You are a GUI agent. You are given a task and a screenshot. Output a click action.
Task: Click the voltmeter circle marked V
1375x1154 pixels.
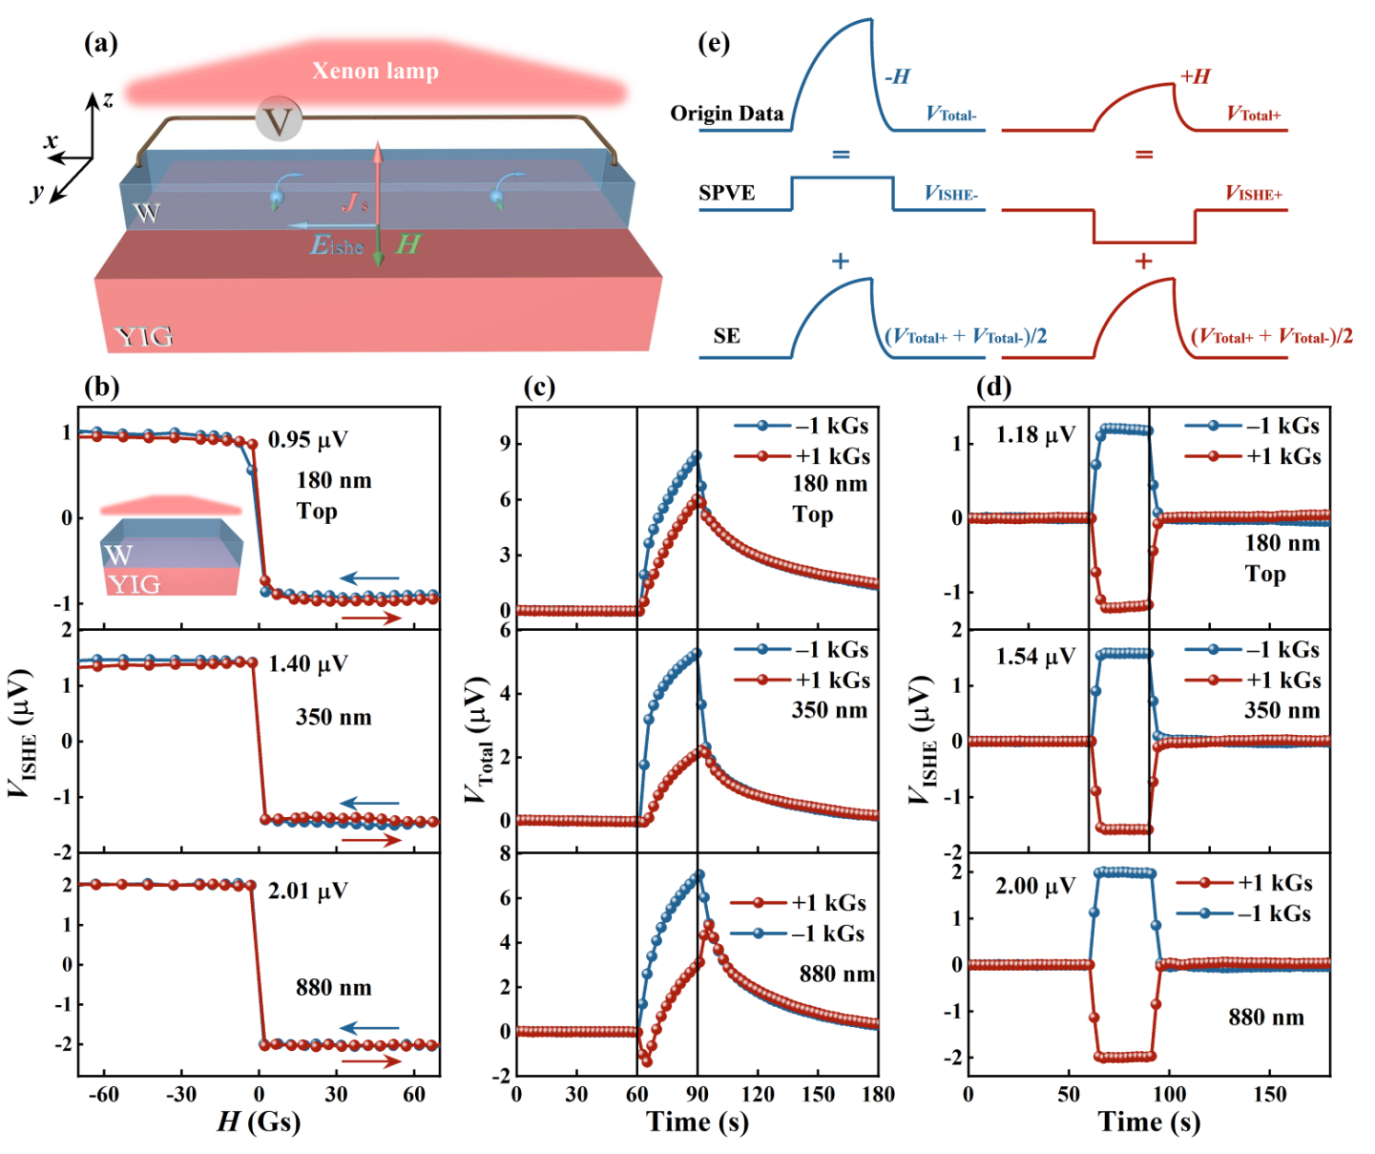pyautogui.click(x=279, y=119)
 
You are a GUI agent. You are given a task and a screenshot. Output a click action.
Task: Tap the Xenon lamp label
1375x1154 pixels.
pyautogui.click(x=375, y=71)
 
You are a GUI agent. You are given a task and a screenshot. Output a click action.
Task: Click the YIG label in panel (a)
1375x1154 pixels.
pyautogui.click(x=143, y=336)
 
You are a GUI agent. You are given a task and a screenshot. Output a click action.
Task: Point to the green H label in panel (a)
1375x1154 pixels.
pyautogui.click(x=408, y=244)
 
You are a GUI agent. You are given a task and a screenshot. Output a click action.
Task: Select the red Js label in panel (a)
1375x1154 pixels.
pyautogui.click(x=355, y=201)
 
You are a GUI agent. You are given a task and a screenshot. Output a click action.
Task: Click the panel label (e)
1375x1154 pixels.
pyautogui.click(x=714, y=43)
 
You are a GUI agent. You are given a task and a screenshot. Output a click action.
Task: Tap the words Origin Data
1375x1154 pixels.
pyautogui.click(x=726, y=114)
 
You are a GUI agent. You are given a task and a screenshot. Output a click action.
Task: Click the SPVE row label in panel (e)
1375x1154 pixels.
pyautogui.click(x=726, y=193)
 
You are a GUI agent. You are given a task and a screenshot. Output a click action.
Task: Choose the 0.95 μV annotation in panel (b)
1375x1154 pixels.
pyautogui.click(x=307, y=439)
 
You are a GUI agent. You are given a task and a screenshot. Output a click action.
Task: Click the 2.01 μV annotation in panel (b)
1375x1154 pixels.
pyautogui.click(x=307, y=891)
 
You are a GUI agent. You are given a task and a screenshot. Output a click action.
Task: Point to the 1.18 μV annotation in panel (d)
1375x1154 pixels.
pyautogui.click(x=1035, y=435)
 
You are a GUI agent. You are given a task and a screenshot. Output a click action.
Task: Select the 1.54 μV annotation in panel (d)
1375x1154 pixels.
pyautogui.click(x=1035, y=657)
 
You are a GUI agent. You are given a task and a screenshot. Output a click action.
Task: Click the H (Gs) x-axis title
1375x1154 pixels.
pyautogui.click(x=259, y=1121)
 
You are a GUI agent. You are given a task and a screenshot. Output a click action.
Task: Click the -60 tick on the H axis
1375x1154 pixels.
pyautogui.click(x=103, y=1094)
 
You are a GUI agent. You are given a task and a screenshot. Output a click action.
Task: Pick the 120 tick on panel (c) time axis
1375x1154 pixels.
pyautogui.click(x=758, y=1094)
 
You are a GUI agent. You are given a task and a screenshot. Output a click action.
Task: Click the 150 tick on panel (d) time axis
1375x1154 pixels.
pyautogui.click(x=1269, y=1094)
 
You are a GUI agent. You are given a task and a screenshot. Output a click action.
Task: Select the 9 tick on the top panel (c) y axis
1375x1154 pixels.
pyautogui.click(x=505, y=444)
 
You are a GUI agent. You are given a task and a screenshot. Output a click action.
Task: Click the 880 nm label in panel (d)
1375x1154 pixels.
pyautogui.click(x=1265, y=1018)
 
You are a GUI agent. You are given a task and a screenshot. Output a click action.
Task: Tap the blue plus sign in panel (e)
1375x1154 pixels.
pyautogui.click(x=841, y=261)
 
